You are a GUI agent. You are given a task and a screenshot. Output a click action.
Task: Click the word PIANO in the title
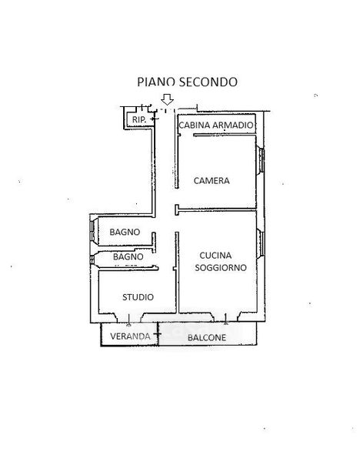coord(157,82)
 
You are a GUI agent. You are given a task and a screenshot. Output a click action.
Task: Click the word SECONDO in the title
coord(208,82)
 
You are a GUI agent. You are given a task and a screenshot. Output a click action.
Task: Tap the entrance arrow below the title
coord(168,99)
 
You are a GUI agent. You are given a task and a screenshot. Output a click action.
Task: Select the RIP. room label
coord(139,119)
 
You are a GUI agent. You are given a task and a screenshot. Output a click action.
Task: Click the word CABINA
coord(195,126)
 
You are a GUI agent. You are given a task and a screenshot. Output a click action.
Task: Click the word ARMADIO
coord(233,126)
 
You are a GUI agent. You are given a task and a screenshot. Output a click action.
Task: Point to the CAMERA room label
coord(212,180)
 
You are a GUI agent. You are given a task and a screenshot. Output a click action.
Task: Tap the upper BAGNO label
coord(125,232)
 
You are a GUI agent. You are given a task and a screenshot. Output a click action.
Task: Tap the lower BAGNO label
coord(128,256)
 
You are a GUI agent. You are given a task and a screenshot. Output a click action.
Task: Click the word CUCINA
coord(215,255)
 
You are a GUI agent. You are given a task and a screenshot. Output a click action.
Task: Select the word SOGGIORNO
coord(221,267)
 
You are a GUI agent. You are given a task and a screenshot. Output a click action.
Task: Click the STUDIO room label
coord(138,297)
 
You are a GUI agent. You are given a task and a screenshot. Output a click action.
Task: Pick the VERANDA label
coord(130,336)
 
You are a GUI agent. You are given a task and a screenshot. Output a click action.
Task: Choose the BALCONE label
coord(207,337)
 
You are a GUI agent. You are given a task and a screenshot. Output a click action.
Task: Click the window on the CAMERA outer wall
coord(261,160)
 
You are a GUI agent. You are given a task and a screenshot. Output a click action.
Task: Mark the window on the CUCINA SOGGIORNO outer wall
coord(261,243)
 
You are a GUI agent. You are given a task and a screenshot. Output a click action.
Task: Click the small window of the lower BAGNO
coord(93,259)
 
